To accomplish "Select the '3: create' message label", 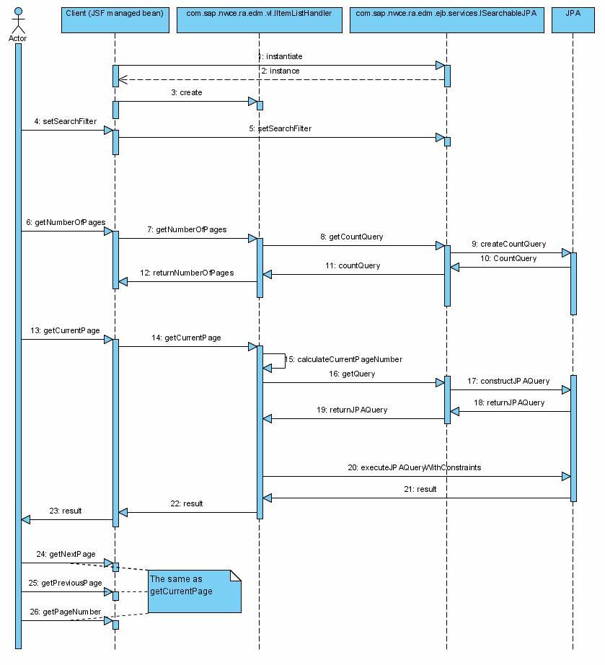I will coord(187,92).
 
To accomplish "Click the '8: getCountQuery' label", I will coord(352,237).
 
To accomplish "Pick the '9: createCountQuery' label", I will coord(509,244).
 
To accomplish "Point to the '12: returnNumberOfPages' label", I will coord(187,273).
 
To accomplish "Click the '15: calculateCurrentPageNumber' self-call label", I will coord(344,359).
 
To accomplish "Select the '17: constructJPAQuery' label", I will coord(508,381).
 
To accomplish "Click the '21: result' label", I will coord(416,489).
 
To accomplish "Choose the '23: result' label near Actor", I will coord(66,511).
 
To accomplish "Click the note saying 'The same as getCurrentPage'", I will coord(194,591).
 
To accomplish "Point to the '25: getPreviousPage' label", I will coord(66,583).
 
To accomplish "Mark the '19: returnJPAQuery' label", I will coord(352,410).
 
